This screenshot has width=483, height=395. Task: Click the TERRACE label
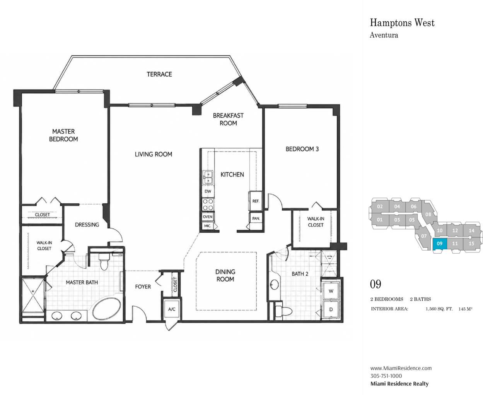click(x=159, y=74)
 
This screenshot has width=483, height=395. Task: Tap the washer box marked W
click(x=331, y=291)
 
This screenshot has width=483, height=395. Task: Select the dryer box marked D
click(x=331, y=309)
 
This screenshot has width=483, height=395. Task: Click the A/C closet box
click(x=172, y=309)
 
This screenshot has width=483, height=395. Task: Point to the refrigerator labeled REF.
click(x=256, y=201)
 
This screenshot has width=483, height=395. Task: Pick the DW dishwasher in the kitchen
click(x=208, y=191)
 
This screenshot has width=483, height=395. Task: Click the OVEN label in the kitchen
click(x=208, y=216)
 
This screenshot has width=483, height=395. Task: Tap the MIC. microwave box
click(x=208, y=226)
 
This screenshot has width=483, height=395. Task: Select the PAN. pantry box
click(x=256, y=218)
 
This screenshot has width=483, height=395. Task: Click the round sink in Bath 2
click(x=274, y=285)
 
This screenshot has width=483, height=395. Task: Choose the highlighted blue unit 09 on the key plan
click(x=440, y=244)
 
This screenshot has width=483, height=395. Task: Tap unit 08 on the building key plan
click(x=428, y=214)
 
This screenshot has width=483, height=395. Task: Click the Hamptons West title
click(x=402, y=23)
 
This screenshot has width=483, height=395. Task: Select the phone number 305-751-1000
click(x=386, y=376)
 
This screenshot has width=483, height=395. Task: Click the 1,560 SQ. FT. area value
click(x=439, y=309)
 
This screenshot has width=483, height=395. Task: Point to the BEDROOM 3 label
click(x=302, y=149)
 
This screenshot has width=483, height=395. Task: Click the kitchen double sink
click(x=208, y=177)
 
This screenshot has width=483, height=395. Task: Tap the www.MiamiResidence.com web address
click(x=401, y=368)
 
